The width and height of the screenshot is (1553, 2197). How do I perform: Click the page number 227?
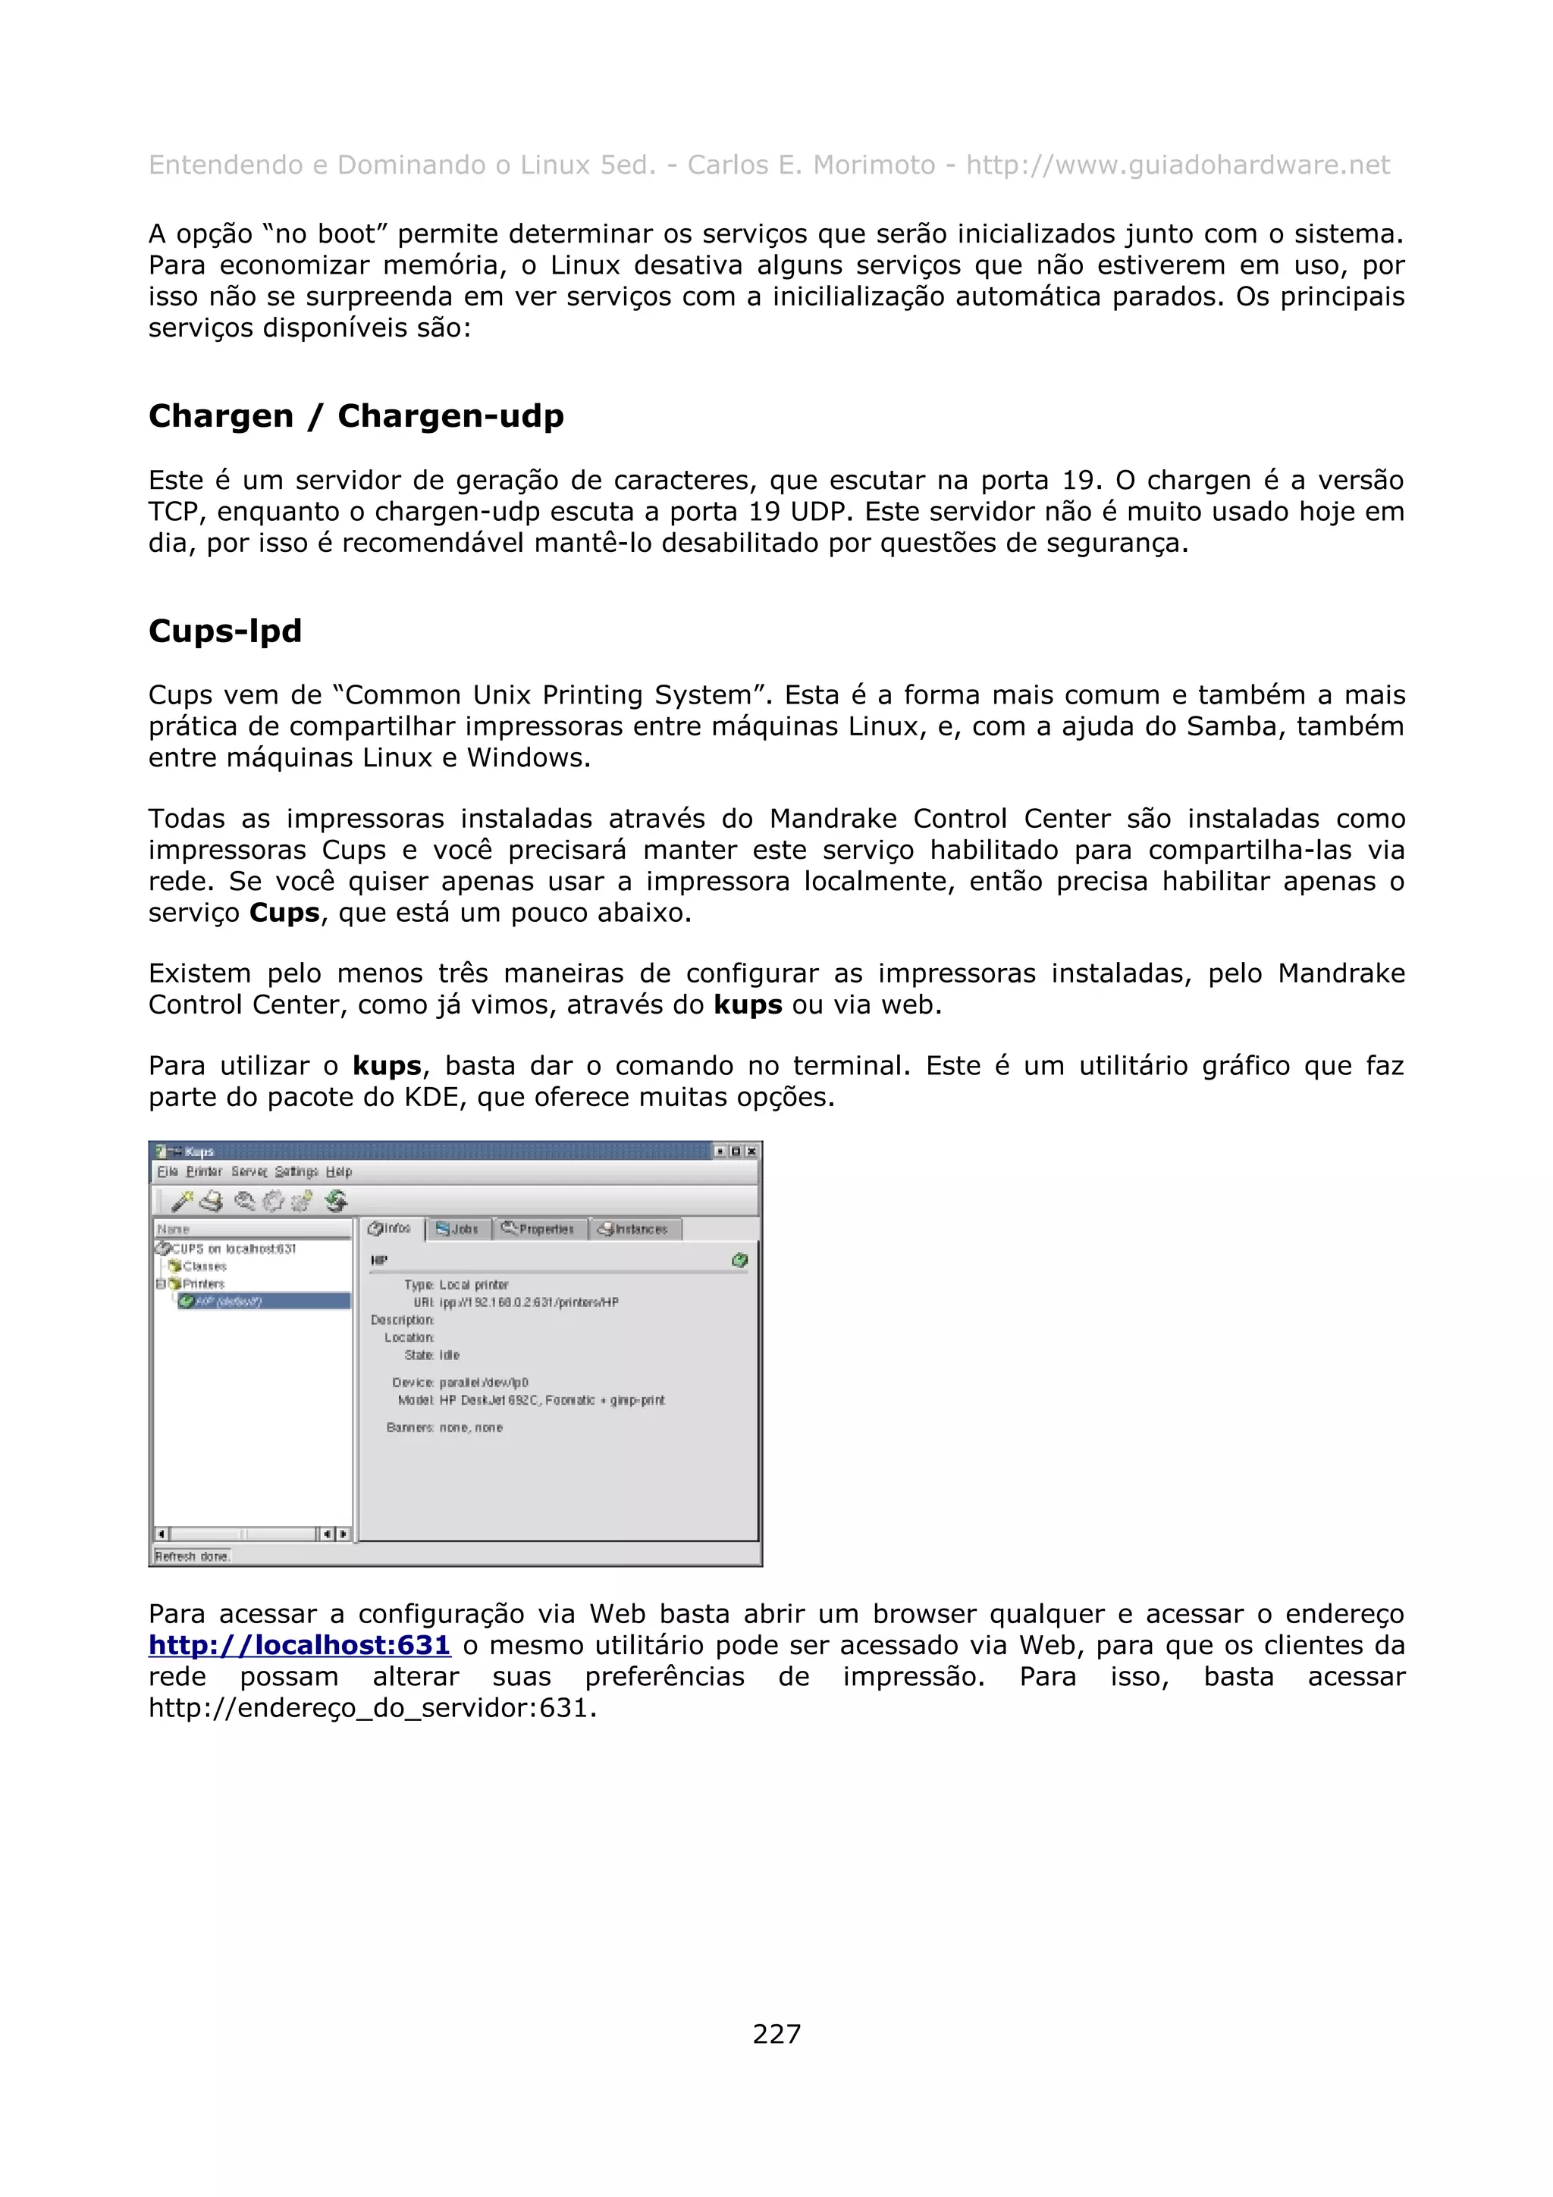pos(776,2033)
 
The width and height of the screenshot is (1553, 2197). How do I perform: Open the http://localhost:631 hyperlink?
pos(299,1645)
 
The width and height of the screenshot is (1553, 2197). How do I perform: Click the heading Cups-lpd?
pos(225,631)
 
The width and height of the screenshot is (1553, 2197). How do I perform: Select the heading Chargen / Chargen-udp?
pos(356,415)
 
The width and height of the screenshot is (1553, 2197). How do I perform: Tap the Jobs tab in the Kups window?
pos(458,1229)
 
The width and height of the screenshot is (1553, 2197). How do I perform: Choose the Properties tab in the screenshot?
pos(538,1229)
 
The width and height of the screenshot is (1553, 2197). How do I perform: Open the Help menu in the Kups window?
pos(339,1171)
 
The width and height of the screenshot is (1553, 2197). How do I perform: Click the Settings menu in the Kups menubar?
pos(296,1171)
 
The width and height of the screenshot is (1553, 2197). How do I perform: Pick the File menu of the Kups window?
pos(168,1171)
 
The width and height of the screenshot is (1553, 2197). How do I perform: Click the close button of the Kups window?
pos(751,1151)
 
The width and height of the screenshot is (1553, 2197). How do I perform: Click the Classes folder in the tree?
pos(204,1266)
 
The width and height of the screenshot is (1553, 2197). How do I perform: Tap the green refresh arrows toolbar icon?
pos(336,1200)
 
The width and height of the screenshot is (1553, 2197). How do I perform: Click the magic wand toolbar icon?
pos(182,1200)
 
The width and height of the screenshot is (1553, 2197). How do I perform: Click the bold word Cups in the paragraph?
pos(284,912)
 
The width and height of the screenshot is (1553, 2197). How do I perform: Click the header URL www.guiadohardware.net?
pos(1177,165)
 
